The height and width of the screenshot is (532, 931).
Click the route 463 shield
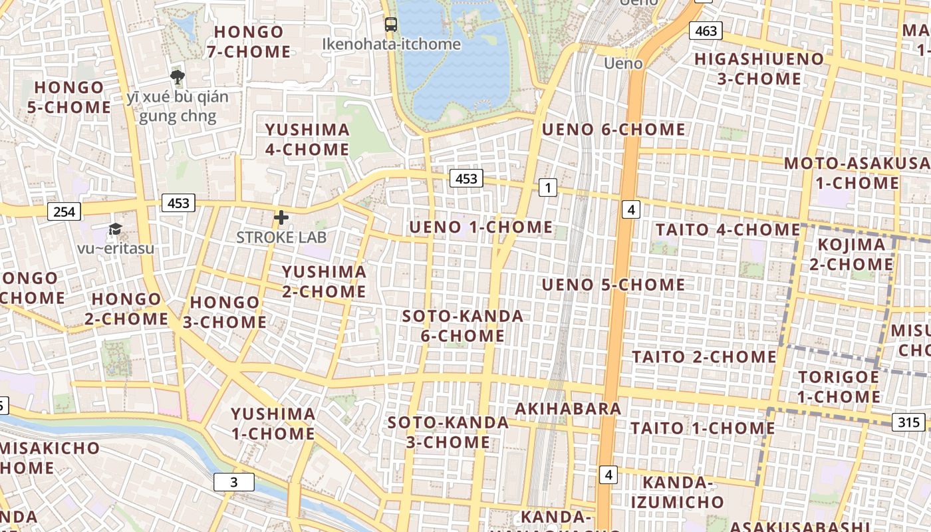pos(706,31)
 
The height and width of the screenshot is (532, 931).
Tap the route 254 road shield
pos(64,211)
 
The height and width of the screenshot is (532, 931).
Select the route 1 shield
pos(547,188)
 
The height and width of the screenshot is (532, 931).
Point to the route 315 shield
pos(908,422)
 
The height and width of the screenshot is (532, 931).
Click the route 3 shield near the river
pos(233,482)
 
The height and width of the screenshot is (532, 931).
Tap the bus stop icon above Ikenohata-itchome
pos(391,25)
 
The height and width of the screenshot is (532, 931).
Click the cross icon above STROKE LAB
pos(281,217)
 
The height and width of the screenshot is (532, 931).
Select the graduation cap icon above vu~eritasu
pos(115,229)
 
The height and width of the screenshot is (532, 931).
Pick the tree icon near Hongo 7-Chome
pos(177,77)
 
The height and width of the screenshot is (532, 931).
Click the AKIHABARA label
pos(569,408)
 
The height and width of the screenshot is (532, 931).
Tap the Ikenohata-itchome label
pos(391,44)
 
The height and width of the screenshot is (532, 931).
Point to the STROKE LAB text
pos(281,237)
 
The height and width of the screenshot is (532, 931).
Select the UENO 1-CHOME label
pos(481,227)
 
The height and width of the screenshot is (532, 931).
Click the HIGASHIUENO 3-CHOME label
pos(759,68)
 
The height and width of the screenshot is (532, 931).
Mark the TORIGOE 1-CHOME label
pos(839,387)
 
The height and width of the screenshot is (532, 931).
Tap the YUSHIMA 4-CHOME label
pos(307,139)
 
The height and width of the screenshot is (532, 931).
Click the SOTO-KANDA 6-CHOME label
pos(463,326)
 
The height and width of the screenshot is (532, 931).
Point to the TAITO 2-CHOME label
pos(704,357)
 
